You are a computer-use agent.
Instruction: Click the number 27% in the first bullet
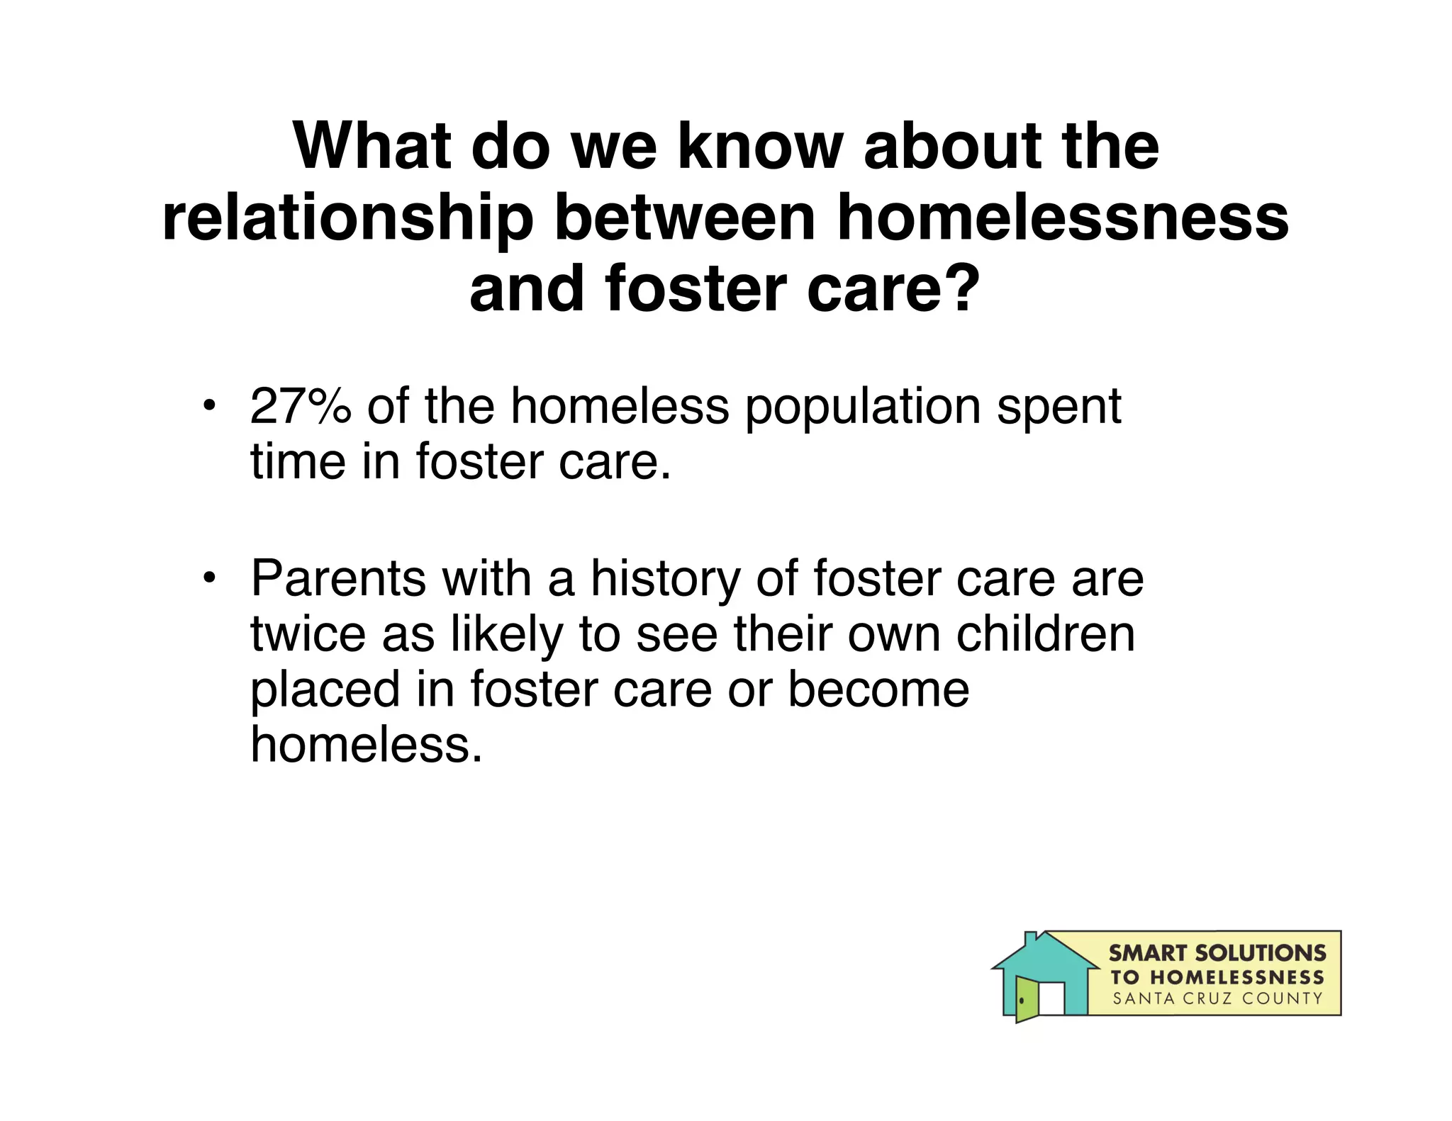pyautogui.click(x=301, y=407)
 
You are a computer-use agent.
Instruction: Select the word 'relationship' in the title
pyautogui.click(x=347, y=220)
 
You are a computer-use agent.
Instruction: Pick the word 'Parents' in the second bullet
pyautogui.click(x=338, y=579)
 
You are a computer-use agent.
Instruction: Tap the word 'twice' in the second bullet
pyautogui.click(x=307, y=634)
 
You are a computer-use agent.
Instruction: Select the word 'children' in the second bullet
pyautogui.click(x=1046, y=634)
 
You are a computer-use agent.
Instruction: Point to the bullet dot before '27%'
pyautogui.click(x=208, y=406)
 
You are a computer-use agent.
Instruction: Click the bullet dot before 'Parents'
pyautogui.click(x=208, y=578)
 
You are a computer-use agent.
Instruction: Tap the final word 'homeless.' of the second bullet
pyautogui.click(x=367, y=745)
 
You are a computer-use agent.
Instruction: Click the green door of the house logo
pyautogui.click(x=1026, y=999)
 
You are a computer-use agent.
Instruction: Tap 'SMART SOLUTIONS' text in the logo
pyautogui.click(x=1217, y=953)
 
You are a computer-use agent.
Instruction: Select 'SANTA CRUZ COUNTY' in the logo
pyautogui.click(x=1217, y=999)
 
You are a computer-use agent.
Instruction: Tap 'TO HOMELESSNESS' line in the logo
pyautogui.click(x=1217, y=977)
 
